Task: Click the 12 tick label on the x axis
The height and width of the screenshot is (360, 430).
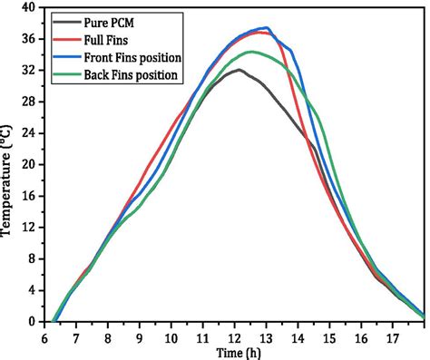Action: click(235, 337)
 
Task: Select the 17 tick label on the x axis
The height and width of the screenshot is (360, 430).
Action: click(394, 337)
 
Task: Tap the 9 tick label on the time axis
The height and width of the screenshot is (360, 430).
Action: click(140, 337)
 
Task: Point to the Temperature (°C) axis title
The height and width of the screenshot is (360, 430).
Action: click(8, 181)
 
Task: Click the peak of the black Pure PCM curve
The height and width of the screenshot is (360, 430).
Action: click(238, 70)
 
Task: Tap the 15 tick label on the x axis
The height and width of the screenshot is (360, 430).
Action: click(330, 337)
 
